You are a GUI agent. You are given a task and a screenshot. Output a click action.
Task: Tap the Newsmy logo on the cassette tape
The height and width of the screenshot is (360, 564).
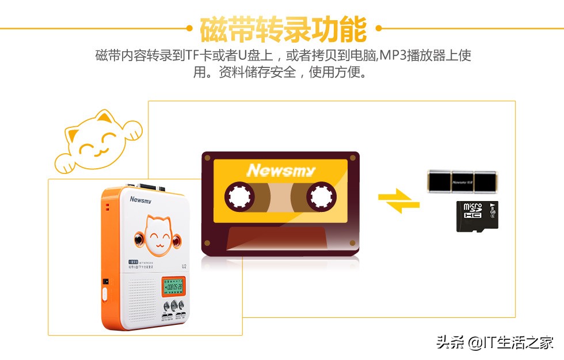pos(281,170)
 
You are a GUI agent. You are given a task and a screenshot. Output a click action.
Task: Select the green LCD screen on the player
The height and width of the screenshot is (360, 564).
pos(173,286)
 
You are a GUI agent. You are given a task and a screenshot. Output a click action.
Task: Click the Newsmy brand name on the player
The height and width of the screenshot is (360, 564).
pos(140,200)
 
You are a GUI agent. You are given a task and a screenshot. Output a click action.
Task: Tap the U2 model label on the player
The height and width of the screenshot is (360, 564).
pos(184,266)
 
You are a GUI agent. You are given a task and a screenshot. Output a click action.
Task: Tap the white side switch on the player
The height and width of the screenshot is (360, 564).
pos(105,294)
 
